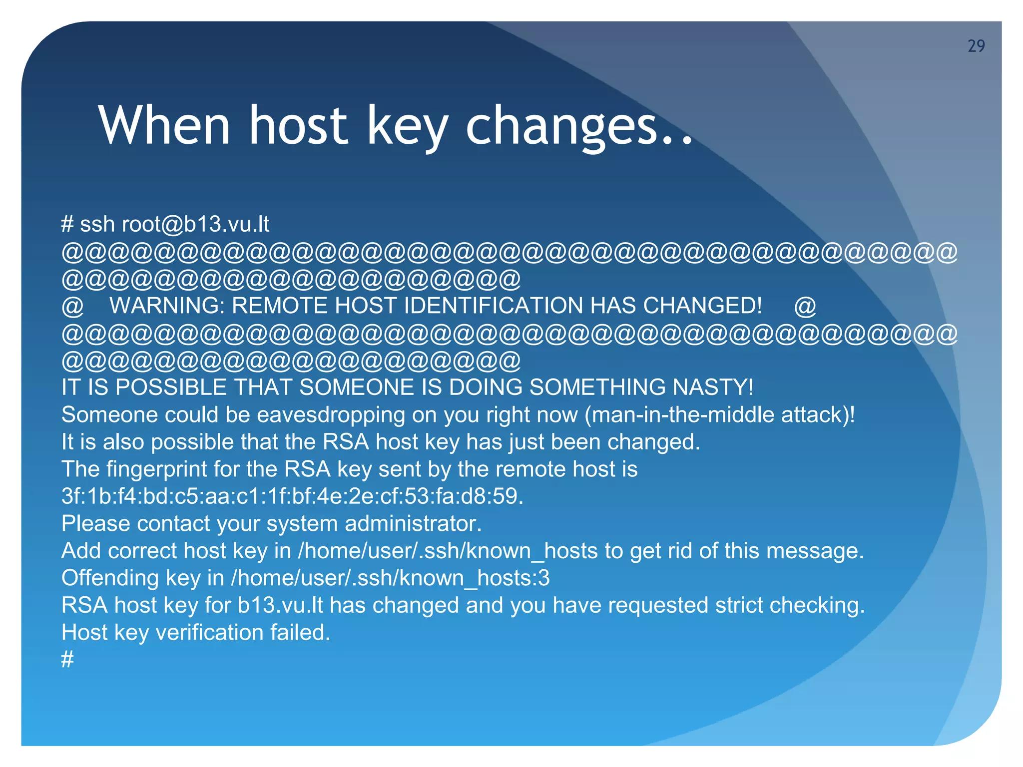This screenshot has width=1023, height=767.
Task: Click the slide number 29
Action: (976, 46)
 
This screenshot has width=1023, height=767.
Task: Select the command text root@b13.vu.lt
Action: (195, 224)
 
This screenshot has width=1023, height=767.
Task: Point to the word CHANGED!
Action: (702, 306)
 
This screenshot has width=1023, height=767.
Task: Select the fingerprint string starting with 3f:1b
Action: (292, 496)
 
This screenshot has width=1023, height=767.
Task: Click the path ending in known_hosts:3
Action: (390, 578)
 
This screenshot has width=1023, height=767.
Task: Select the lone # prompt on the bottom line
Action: (67, 660)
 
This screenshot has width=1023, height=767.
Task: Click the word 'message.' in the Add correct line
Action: (815, 551)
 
